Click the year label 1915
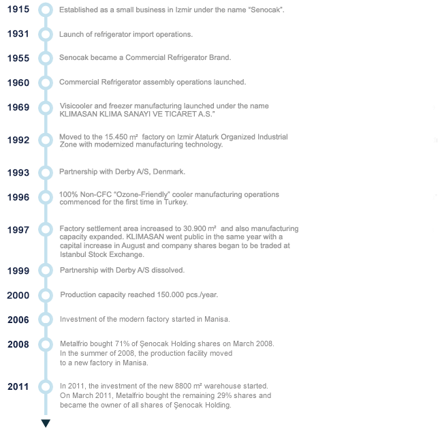[x=18, y=10]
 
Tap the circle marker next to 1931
[x=46, y=28]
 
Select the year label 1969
[x=18, y=108]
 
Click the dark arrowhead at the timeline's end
[x=46, y=423]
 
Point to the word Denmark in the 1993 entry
[x=169, y=172]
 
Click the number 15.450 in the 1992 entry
[x=116, y=137]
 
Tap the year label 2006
[x=18, y=320]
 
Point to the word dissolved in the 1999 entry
[x=168, y=271]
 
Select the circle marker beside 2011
[x=46, y=380]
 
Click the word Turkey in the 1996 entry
[x=176, y=202]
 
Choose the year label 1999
[x=18, y=271]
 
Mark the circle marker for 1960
[x=46, y=76]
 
